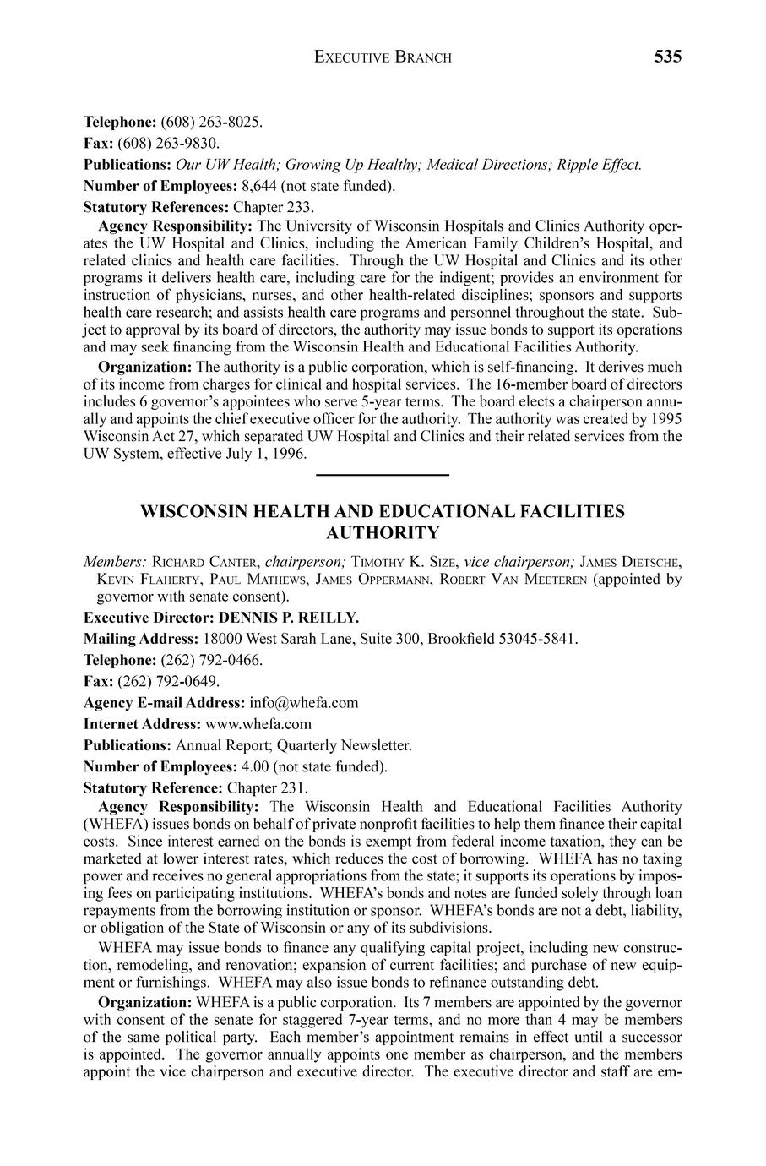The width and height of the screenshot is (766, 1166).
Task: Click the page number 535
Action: click(x=666, y=57)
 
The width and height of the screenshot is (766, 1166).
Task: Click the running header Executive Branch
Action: click(x=383, y=57)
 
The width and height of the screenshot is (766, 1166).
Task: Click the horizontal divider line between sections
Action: click(x=383, y=476)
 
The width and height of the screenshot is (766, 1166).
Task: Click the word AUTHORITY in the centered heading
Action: click(x=383, y=533)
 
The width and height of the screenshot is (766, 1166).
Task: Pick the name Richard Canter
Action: click(x=204, y=561)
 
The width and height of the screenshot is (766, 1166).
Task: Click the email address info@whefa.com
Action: click(x=304, y=702)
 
